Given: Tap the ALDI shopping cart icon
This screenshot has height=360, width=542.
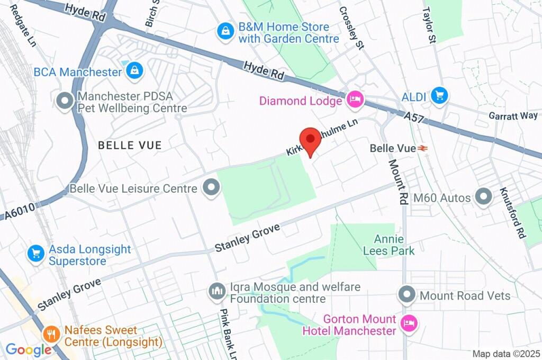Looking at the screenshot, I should (x=439, y=96).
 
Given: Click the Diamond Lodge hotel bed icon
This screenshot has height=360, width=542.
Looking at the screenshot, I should (x=355, y=100).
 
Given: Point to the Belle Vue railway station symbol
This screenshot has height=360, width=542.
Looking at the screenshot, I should (x=422, y=149).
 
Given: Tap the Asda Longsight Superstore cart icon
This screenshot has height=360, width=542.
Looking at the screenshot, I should (x=36, y=254).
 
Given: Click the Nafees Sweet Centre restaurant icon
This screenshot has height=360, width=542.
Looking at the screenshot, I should (x=51, y=334).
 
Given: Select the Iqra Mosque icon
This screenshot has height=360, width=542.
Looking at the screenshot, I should (x=216, y=291).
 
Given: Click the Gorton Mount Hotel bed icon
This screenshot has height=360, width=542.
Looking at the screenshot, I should (x=409, y=322).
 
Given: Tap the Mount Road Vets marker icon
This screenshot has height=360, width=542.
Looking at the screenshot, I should (x=407, y=294).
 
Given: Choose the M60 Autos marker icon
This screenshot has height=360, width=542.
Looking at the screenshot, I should (x=483, y=197).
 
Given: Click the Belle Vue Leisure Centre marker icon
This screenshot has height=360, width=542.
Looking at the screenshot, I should (x=212, y=188).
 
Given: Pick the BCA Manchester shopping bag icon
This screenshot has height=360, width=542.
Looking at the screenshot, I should (x=135, y=69).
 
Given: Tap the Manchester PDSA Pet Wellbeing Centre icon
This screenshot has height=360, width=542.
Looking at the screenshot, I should (x=65, y=101).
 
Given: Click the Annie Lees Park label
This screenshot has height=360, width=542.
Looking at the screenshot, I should (x=389, y=245).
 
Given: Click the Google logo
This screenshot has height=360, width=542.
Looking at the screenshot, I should (x=28, y=349).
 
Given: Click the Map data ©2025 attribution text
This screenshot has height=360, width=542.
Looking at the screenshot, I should (x=505, y=354).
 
